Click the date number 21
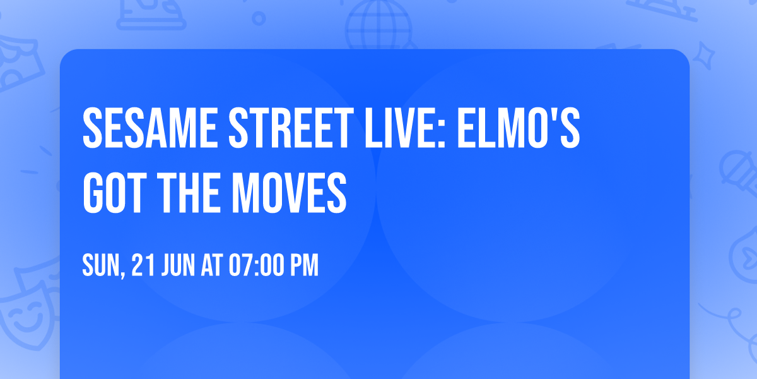click(x=141, y=265)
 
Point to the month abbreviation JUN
click(x=178, y=265)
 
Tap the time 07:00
click(x=256, y=265)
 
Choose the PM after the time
click(x=303, y=265)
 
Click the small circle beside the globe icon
click(x=258, y=19)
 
